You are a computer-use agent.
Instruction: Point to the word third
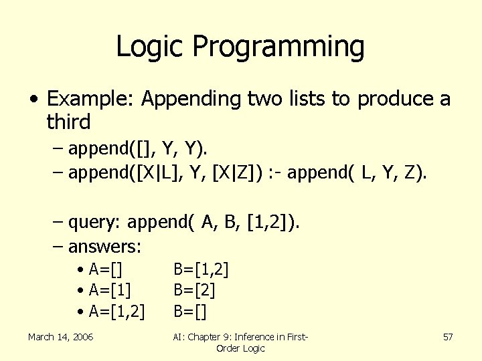tap(68, 122)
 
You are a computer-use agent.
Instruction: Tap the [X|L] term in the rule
tap(161, 174)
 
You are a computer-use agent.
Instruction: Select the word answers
tap(104, 247)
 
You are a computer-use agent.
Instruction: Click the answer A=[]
tap(108, 270)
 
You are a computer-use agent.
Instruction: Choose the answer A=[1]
tap(110, 290)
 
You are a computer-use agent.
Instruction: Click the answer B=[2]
tap(194, 290)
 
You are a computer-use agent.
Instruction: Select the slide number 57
tap(448, 337)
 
